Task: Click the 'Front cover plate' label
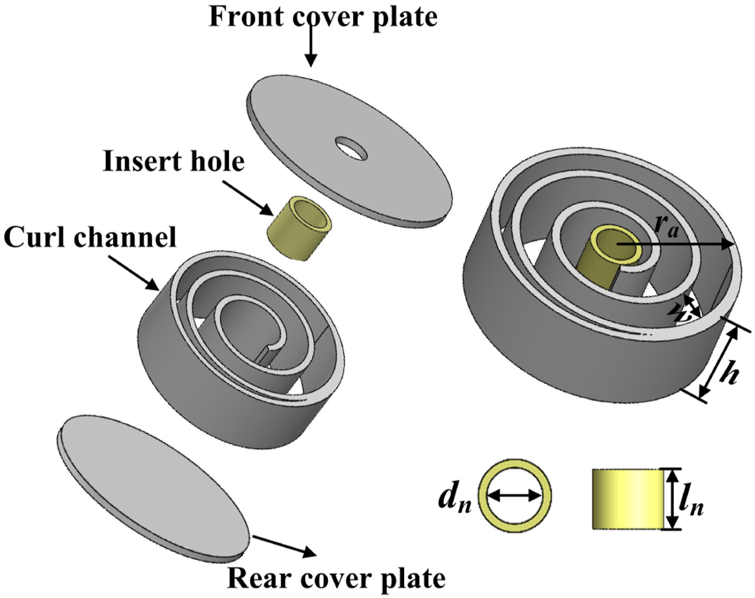coord(323,17)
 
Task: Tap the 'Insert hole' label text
coord(174,161)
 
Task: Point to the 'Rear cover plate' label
coord(337,579)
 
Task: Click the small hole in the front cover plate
coord(351,148)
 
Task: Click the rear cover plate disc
coord(153,488)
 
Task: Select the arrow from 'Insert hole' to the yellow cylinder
coord(248,197)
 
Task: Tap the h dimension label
coord(728,374)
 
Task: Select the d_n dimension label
coord(455,499)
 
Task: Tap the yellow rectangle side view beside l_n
coord(627,499)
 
